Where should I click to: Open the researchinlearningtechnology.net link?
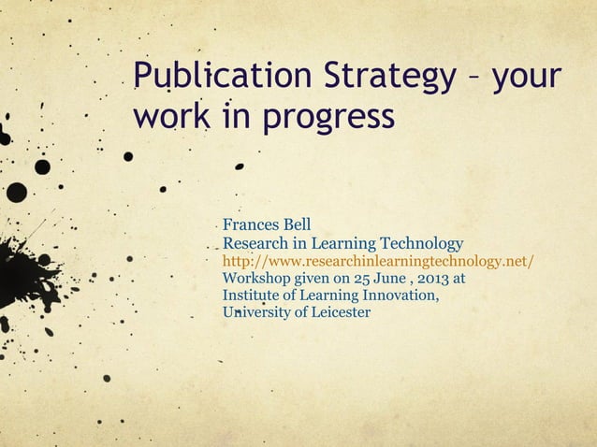[378, 261]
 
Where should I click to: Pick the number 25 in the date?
[374, 278]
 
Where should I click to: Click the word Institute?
[250, 296]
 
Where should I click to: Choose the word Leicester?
[340, 312]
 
